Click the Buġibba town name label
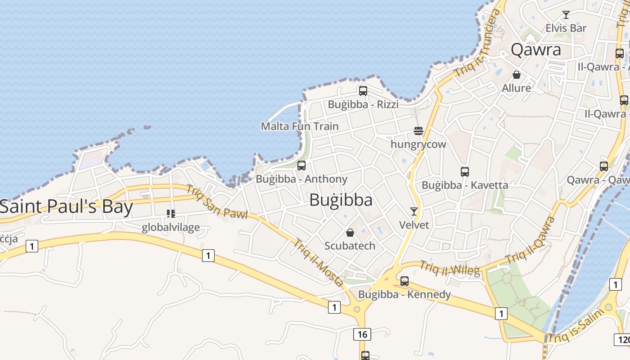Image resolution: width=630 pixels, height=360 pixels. point(341,200)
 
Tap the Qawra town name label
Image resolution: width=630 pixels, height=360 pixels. point(536,49)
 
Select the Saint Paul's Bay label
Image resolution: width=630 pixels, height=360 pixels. point(67,207)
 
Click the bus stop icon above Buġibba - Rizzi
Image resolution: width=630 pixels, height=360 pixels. point(363,90)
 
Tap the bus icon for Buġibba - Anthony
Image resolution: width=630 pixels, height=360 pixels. point(301,165)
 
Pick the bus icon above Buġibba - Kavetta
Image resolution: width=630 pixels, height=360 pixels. point(465,171)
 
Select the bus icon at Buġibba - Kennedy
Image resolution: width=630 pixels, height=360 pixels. point(405,281)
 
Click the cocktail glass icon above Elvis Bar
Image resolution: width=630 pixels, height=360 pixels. point(566,15)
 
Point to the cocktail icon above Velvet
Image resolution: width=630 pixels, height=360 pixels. point(414,211)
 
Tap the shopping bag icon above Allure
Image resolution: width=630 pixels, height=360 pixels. point(517,74)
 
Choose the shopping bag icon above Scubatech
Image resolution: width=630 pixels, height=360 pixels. point(350,233)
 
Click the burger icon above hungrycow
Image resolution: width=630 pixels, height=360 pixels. point(418,131)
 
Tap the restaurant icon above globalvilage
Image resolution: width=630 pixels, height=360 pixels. point(171,213)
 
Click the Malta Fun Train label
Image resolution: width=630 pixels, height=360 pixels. point(300,126)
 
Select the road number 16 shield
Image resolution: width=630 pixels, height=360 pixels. point(362,334)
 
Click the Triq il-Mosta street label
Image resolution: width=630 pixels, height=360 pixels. point(319,263)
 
